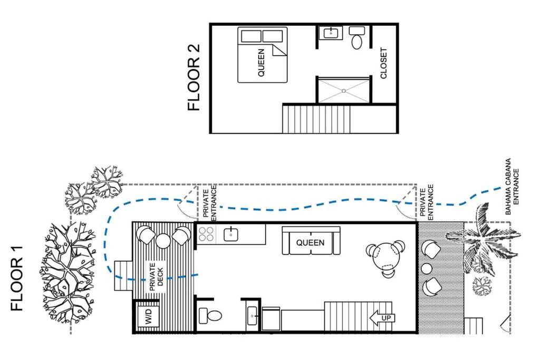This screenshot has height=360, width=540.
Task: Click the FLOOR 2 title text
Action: [x=194, y=77]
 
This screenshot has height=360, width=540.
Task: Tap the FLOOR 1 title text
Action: [x=16, y=278]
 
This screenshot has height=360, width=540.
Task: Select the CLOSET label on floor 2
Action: [x=384, y=63]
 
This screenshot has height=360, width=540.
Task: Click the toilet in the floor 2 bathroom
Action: [x=356, y=37]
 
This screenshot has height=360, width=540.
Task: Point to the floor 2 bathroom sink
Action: [x=331, y=33]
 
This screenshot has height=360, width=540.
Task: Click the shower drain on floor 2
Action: [x=343, y=91]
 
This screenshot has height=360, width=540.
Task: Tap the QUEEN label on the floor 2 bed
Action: [x=261, y=63]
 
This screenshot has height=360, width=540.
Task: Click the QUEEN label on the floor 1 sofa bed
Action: [x=310, y=242]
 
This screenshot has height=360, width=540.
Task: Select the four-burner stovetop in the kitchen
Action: [x=206, y=234]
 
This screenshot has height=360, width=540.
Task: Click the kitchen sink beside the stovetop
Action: [x=231, y=235]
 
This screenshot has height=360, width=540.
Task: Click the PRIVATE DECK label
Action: [x=156, y=277]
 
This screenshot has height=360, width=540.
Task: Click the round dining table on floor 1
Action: [x=387, y=258]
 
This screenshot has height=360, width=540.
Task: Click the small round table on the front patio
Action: [x=427, y=269]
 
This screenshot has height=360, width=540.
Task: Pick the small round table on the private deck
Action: [x=163, y=240]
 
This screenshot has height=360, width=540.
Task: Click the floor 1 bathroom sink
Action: [x=252, y=316]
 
